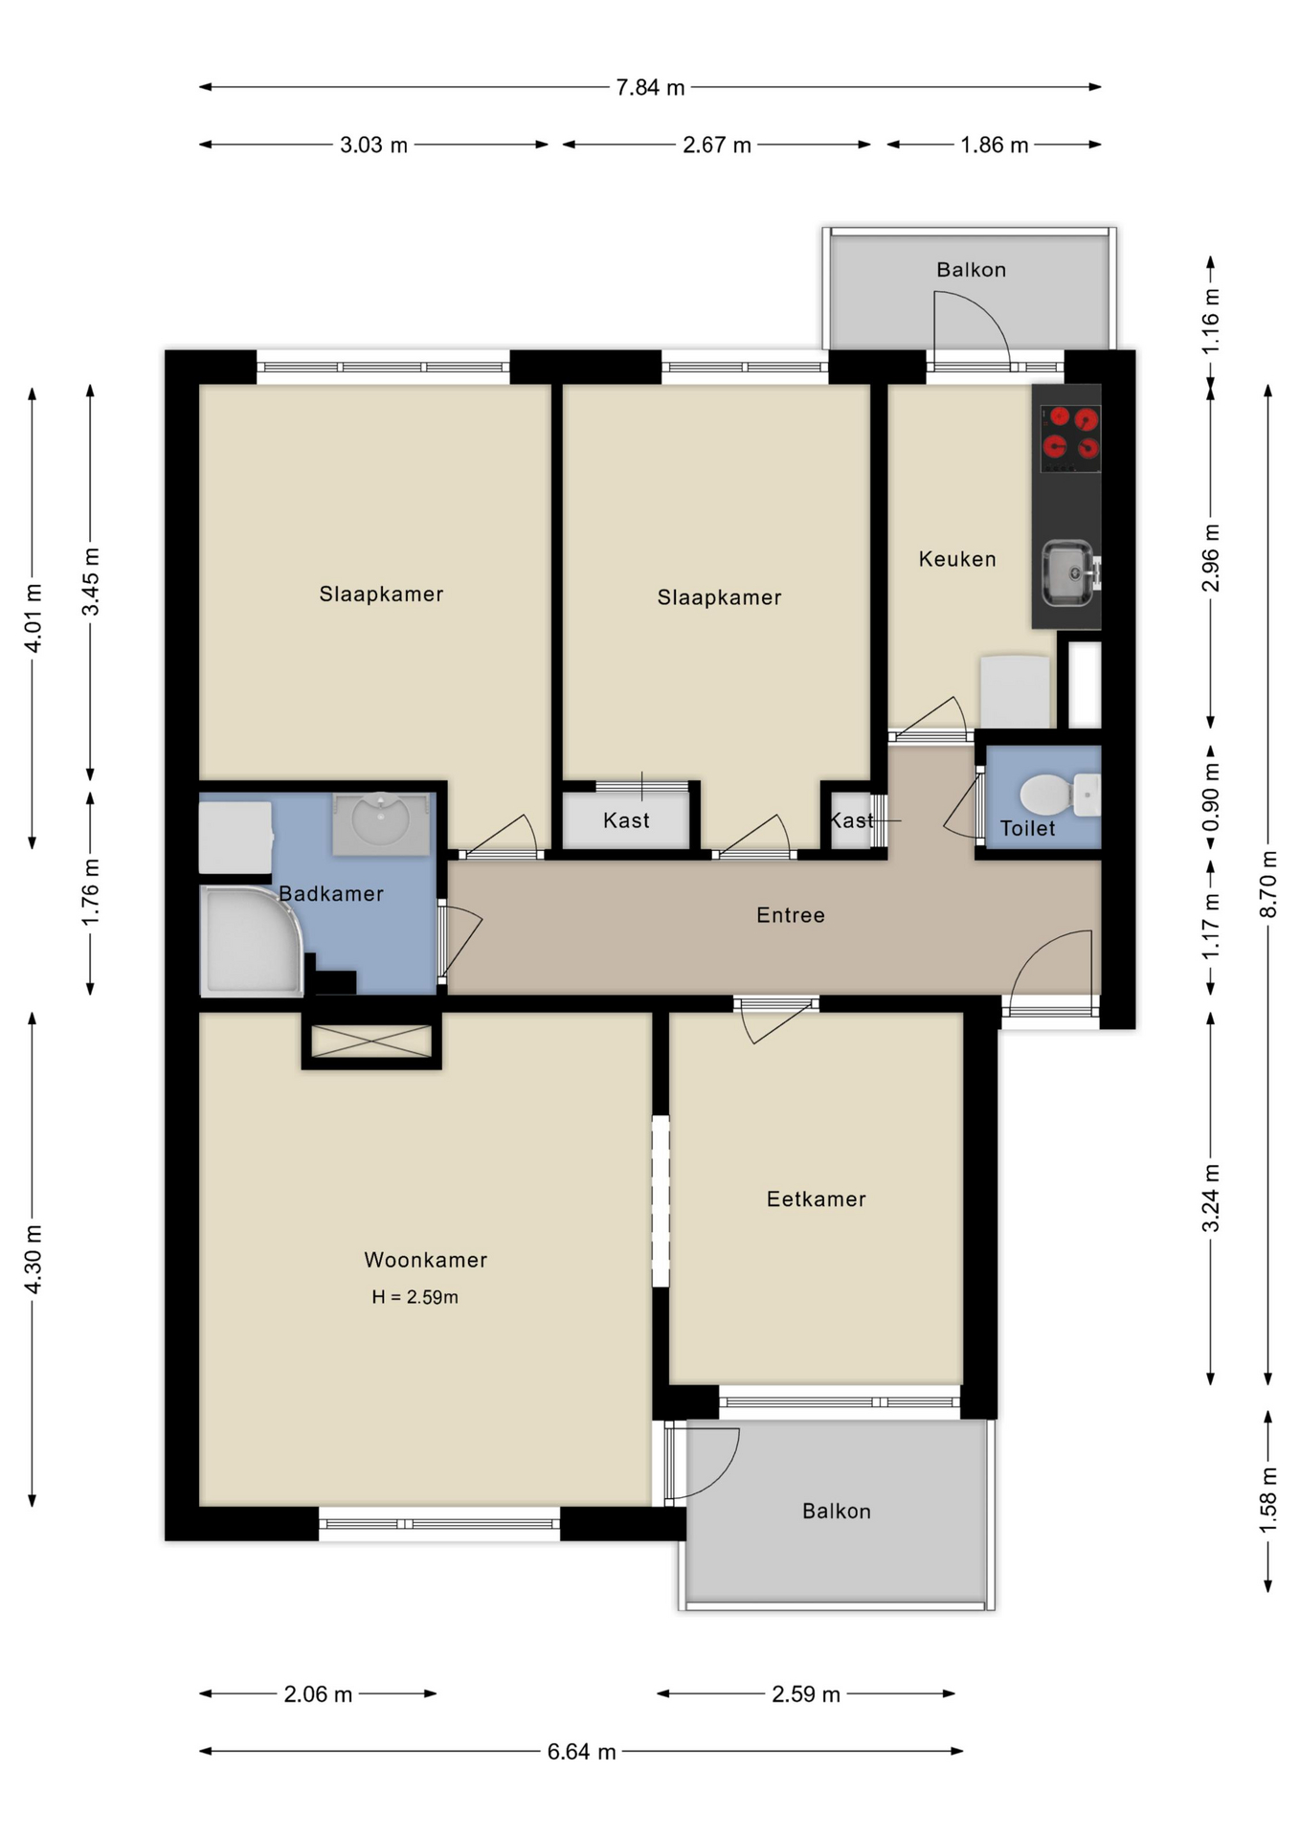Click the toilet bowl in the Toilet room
click(x=1047, y=795)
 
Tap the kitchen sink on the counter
click(x=1066, y=573)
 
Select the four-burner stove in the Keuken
click(x=1070, y=438)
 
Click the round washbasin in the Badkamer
click(x=380, y=820)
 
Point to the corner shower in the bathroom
click(x=247, y=942)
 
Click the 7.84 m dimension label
click(x=650, y=88)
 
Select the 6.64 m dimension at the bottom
click(x=581, y=1751)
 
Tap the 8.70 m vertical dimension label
click(x=1267, y=884)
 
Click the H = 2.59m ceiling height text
click(x=415, y=1297)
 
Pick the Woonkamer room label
click(x=425, y=1260)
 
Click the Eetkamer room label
click(x=816, y=1199)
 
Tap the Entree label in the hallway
click(x=790, y=915)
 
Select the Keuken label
click(x=957, y=559)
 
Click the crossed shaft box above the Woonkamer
click(x=371, y=1042)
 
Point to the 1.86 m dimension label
click(x=994, y=146)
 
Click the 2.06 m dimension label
click(x=318, y=1693)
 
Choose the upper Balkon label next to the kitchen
click(x=971, y=270)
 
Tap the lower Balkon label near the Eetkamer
click(x=836, y=1511)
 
